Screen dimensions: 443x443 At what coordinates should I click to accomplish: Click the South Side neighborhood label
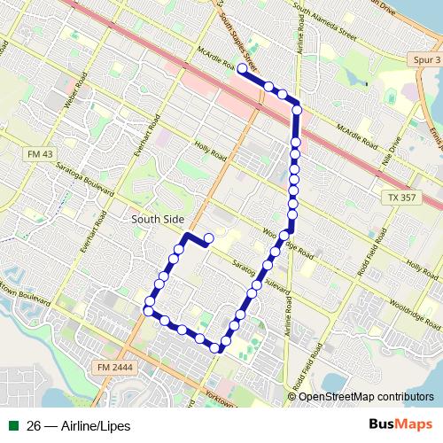[156, 218]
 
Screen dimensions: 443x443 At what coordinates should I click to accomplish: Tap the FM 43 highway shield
[33, 154]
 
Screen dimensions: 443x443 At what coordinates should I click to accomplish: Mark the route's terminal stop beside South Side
[208, 237]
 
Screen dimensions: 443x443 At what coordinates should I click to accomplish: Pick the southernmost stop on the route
[215, 347]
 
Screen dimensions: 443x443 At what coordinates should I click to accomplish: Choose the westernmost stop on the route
[148, 309]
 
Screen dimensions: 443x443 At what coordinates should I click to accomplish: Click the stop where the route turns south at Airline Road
[297, 110]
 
